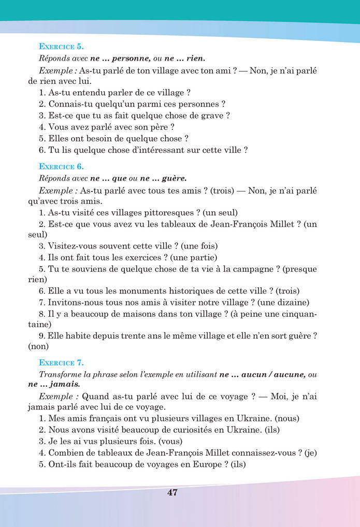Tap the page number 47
click(x=172, y=492)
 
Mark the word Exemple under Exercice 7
click(x=58, y=396)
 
